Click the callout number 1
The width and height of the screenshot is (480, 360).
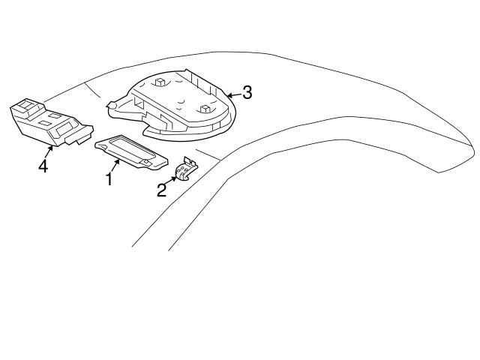(x=109, y=180)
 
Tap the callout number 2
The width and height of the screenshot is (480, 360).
(x=162, y=190)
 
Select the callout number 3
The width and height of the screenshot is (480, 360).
(x=247, y=93)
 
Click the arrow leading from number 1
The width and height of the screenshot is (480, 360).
(x=116, y=166)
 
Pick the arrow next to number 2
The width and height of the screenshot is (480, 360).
(x=172, y=181)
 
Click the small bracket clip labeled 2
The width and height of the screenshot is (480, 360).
(x=184, y=172)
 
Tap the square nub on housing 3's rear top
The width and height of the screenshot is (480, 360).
(x=160, y=80)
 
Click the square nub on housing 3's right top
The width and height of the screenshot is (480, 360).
(x=204, y=108)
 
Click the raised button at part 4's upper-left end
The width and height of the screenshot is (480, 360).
(x=26, y=106)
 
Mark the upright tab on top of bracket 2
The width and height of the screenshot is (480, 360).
(x=188, y=161)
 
